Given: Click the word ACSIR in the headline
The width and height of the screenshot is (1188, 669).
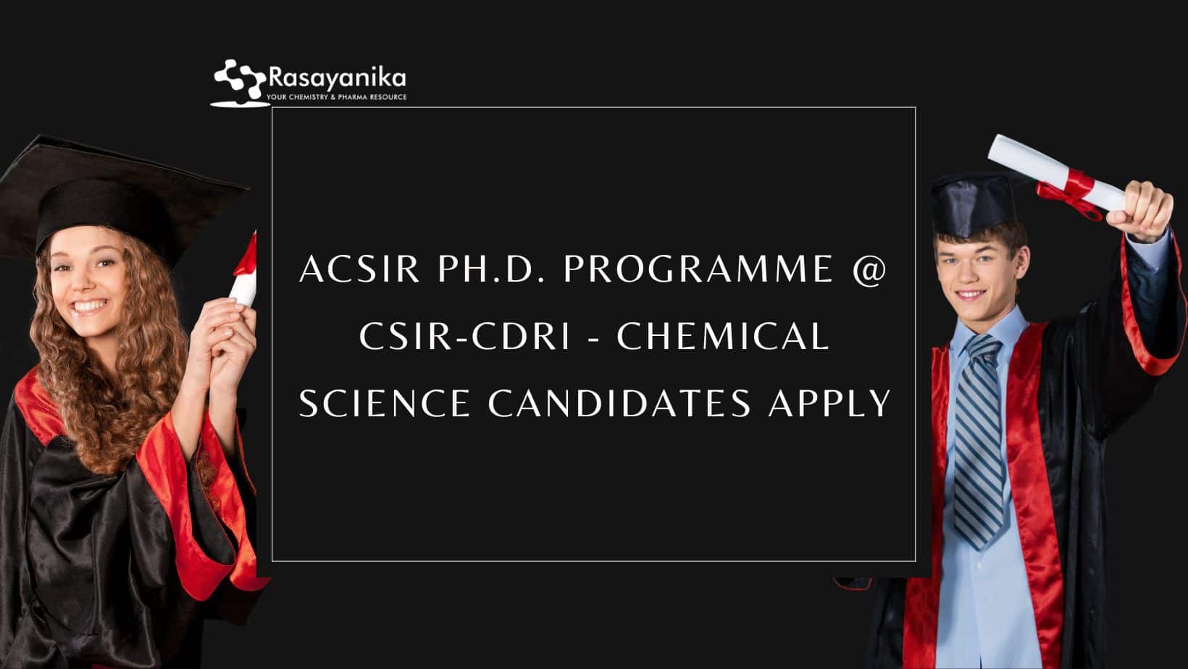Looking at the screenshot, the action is tap(359, 269).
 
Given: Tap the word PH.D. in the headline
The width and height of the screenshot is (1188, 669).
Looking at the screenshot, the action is tap(491, 269).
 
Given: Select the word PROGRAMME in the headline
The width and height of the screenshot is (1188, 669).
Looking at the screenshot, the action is tap(698, 269).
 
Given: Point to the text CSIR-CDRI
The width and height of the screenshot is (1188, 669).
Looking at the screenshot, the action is tap(464, 336).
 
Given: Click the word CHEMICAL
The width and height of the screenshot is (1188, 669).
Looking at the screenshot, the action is tap(722, 336).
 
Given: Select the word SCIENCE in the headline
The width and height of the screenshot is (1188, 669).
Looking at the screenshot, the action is tap(385, 403).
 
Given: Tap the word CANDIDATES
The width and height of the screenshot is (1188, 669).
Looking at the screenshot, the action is tap(619, 403).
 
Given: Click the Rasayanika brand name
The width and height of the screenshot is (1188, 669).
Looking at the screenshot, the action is tap(338, 78).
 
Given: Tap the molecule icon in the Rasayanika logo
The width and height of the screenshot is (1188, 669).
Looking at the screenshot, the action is tap(240, 80).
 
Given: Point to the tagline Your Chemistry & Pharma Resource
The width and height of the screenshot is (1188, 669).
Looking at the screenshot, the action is tap(336, 98).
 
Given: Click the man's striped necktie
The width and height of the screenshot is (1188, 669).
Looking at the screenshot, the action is tap(979, 440).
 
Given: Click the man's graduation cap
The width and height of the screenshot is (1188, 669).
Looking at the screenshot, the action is tap(974, 204).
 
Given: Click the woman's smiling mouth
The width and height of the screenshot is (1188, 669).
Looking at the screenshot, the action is tap(88, 306).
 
